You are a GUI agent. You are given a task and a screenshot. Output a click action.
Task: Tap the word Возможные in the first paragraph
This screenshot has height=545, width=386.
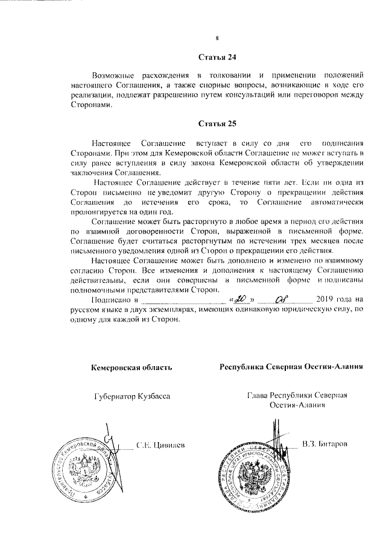[x=114, y=76]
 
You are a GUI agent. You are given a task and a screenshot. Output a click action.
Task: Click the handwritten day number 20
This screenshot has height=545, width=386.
[x=242, y=298]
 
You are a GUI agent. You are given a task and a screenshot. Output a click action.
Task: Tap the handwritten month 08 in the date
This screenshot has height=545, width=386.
[x=280, y=298]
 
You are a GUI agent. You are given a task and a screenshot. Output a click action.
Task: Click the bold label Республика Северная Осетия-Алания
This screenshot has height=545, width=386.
[x=291, y=367]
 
